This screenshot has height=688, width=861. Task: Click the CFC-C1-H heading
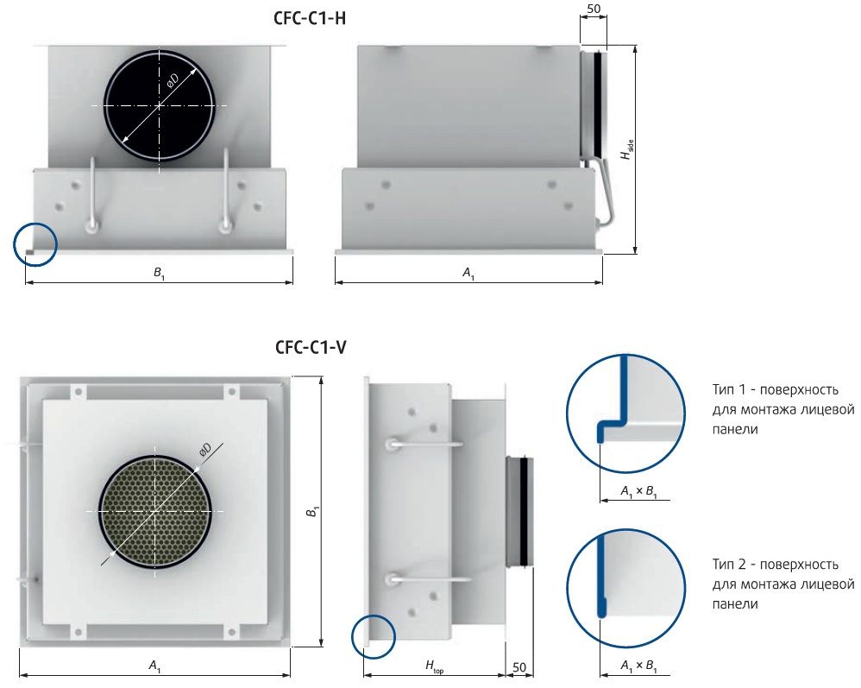[x=310, y=19]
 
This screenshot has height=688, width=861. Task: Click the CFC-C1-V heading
[x=311, y=347]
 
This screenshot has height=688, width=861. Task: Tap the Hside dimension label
[x=626, y=149]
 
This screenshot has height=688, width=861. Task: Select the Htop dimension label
[x=434, y=666]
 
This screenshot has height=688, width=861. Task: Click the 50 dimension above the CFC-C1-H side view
[x=594, y=9]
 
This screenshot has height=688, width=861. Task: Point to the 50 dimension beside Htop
[x=518, y=667]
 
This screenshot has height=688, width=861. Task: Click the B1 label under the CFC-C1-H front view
[x=159, y=273]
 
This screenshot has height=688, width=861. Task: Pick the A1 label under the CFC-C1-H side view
[x=468, y=273]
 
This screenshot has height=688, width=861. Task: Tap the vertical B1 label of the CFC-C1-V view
[x=312, y=511]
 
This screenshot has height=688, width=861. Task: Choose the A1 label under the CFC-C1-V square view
[x=154, y=666]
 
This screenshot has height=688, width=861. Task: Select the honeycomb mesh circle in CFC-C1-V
[x=155, y=512]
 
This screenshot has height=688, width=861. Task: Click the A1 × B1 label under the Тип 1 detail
[x=638, y=492]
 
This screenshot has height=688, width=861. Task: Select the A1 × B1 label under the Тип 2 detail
[x=638, y=666]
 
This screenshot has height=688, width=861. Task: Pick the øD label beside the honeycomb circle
[x=204, y=450]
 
